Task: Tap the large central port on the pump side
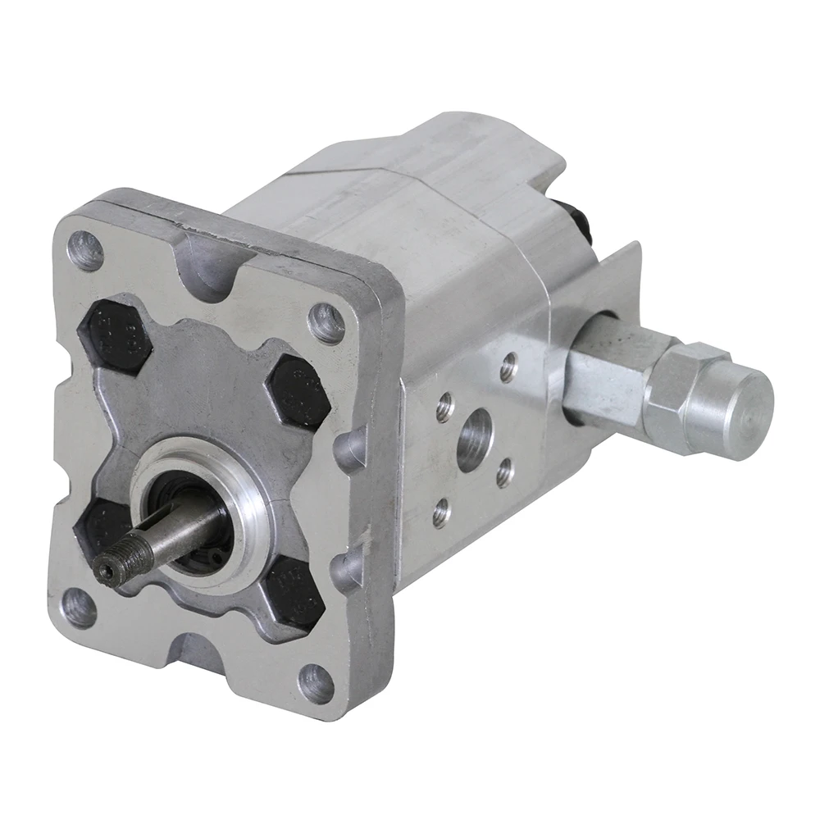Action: (x=474, y=440)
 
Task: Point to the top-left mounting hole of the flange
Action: (x=85, y=251)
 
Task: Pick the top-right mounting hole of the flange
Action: (x=326, y=322)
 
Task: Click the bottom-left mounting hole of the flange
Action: (x=79, y=608)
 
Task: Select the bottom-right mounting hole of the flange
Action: (x=317, y=683)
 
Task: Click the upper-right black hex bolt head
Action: (x=298, y=392)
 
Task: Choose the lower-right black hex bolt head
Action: (x=294, y=593)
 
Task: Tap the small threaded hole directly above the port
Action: (x=508, y=366)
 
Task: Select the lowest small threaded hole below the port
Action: (x=441, y=512)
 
